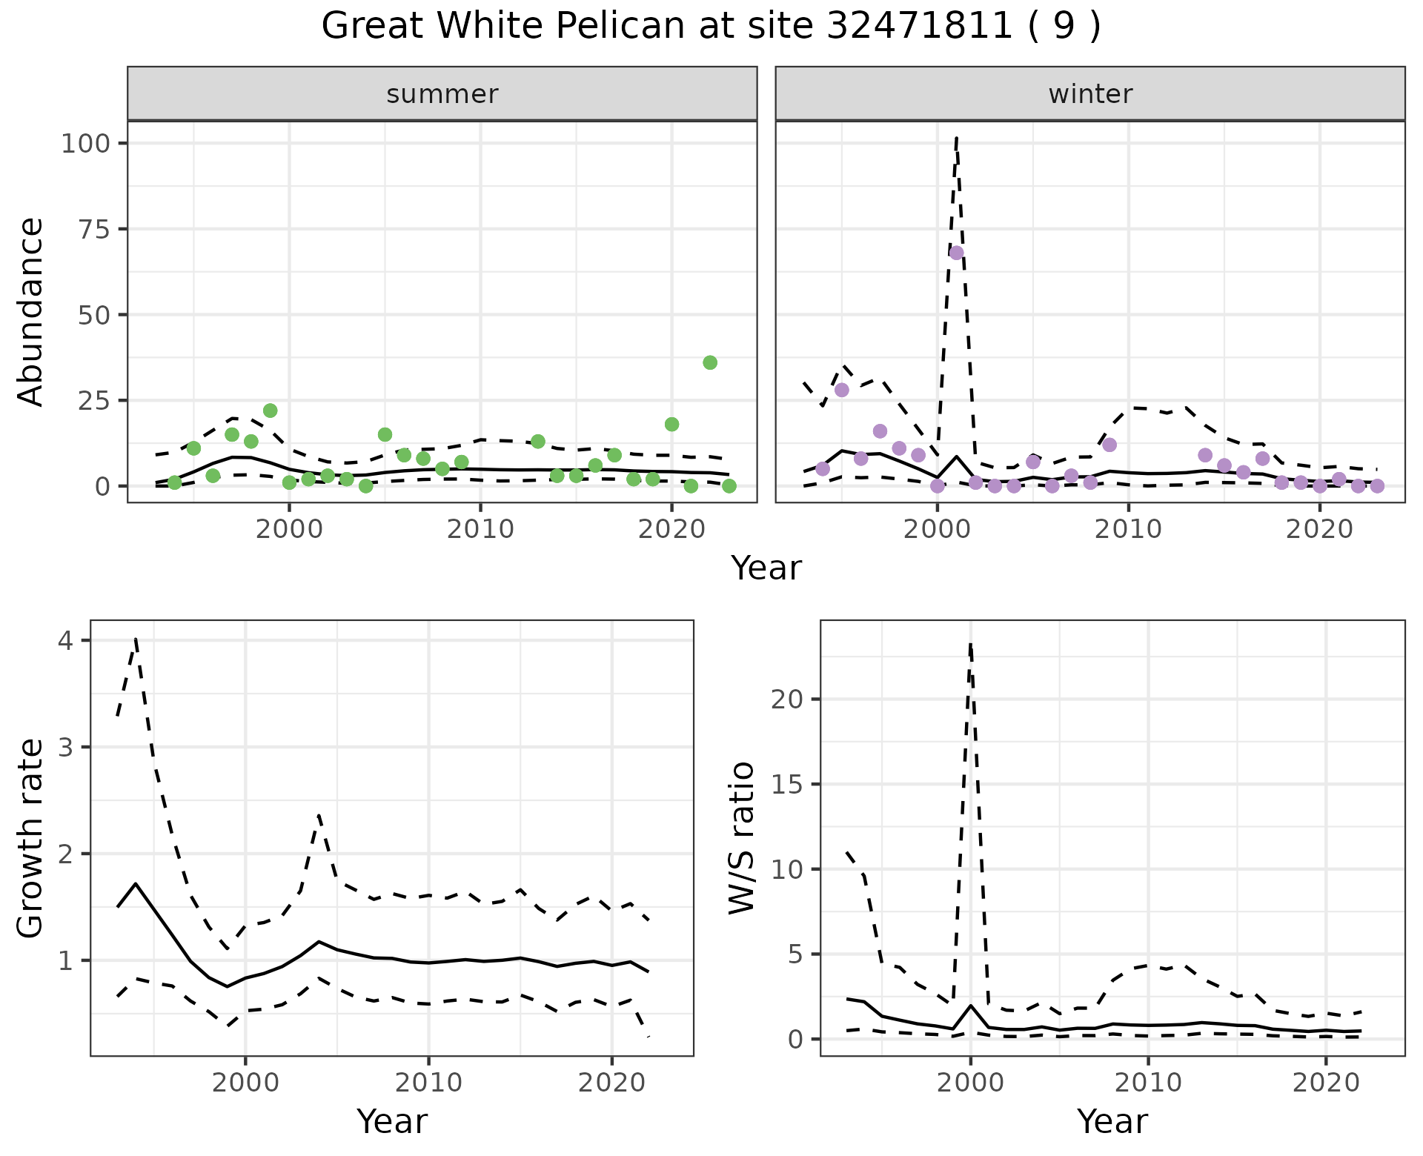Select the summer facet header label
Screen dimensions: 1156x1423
(442, 94)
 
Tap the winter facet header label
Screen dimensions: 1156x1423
(1089, 94)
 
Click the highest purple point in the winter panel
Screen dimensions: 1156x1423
(956, 253)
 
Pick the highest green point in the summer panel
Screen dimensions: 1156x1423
(709, 362)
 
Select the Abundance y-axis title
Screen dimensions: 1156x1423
(30, 311)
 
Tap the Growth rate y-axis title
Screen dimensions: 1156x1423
(30, 838)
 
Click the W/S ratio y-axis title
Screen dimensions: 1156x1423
(741, 838)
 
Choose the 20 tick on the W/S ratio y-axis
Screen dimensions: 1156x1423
(788, 699)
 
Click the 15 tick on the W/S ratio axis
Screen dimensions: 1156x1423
(788, 784)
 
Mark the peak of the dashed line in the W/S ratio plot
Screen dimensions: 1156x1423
(970, 643)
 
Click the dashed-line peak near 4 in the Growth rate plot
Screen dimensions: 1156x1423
(136, 638)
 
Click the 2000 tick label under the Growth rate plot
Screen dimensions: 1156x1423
(245, 1083)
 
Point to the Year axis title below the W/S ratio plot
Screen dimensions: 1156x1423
(1112, 1121)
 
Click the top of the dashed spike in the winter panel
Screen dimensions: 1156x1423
(957, 138)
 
